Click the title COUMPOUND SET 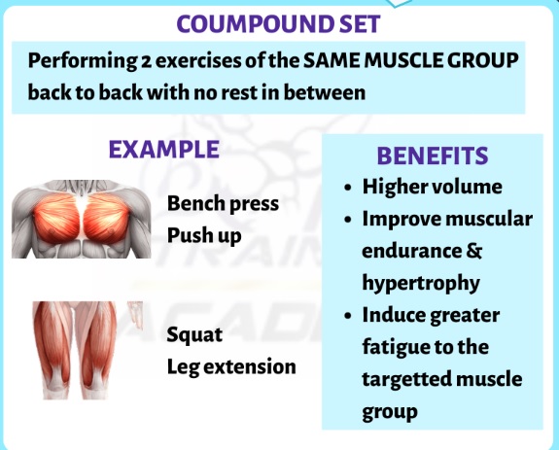(x=278, y=24)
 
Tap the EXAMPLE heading (x=164, y=150)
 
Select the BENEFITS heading (x=433, y=156)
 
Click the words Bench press (x=223, y=204)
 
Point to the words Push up (x=204, y=236)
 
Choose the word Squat (x=194, y=335)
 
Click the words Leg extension (x=231, y=367)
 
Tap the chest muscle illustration (x=82, y=219)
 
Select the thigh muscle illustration (x=87, y=350)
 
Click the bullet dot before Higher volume (x=348, y=188)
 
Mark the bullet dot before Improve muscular (x=348, y=220)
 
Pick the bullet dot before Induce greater (x=348, y=316)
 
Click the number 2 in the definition (x=146, y=61)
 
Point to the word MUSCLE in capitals (x=402, y=60)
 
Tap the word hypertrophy (x=421, y=283)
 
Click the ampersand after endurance (x=473, y=251)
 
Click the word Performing (x=82, y=61)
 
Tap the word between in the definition (x=325, y=92)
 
